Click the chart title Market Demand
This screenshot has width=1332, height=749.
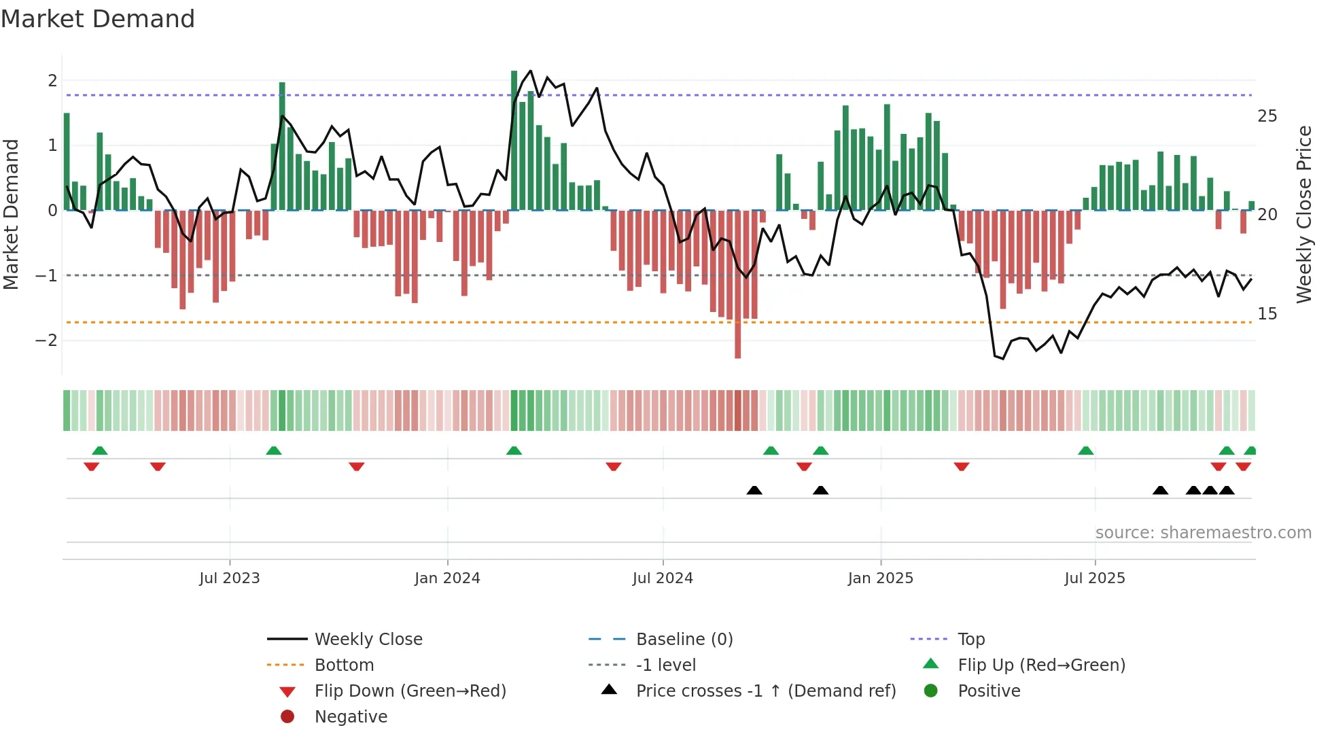click(98, 19)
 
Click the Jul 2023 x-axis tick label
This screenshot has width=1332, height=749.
click(230, 578)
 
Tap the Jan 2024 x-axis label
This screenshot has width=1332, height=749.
click(447, 578)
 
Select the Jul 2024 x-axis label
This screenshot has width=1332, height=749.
click(663, 578)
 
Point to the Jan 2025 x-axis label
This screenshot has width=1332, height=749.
click(881, 578)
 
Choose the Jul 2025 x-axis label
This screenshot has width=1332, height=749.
click(1095, 578)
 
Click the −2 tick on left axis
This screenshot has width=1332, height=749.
click(46, 341)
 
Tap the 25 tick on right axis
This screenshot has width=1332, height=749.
click(1267, 116)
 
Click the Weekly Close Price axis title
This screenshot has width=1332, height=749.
click(1304, 214)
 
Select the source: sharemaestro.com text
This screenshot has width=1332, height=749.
click(1203, 533)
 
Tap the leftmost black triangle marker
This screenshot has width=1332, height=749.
click(754, 490)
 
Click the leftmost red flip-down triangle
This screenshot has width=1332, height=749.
click(92, 466)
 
